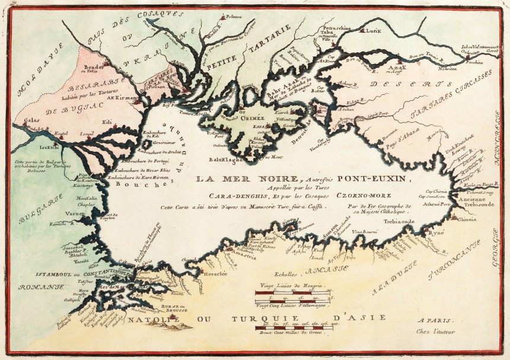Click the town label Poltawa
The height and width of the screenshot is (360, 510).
[x=233, y=17]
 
